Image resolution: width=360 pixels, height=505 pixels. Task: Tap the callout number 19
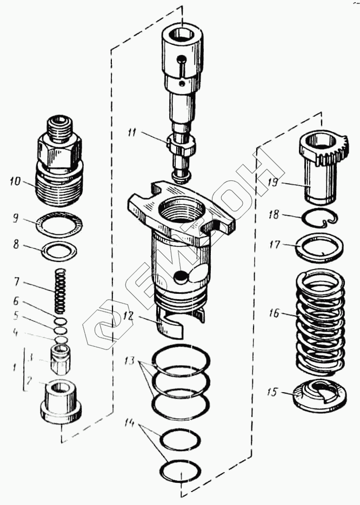[x=274, y=183]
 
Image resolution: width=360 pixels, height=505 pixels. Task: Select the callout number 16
[x=274, y=313]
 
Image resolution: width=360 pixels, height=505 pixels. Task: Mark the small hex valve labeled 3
[x=60, y=358]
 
